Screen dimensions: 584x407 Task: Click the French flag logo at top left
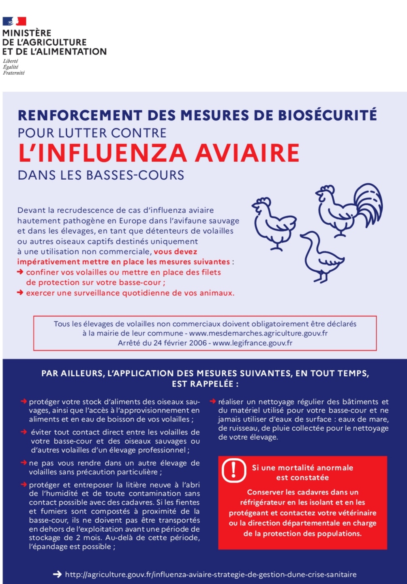[x=14, y=21]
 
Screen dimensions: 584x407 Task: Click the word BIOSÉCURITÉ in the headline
[x=328, y=115]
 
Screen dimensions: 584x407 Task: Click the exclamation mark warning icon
[x=233, y=470]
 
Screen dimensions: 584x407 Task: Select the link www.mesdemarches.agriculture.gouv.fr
[x=258, y=333]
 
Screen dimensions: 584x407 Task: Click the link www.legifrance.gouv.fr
[x=252, y=343]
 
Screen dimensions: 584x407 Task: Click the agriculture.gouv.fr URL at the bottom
[x=211, y=575]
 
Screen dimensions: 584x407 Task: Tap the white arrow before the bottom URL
[x=57, y=574]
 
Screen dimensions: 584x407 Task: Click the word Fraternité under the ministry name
[x=14, y=73]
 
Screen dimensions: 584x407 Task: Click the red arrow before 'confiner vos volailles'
[x=20, y=272]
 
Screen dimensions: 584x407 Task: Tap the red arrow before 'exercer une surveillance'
[x=20, y=293]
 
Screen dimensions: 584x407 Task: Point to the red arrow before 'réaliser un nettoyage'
[x=212, y=402]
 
